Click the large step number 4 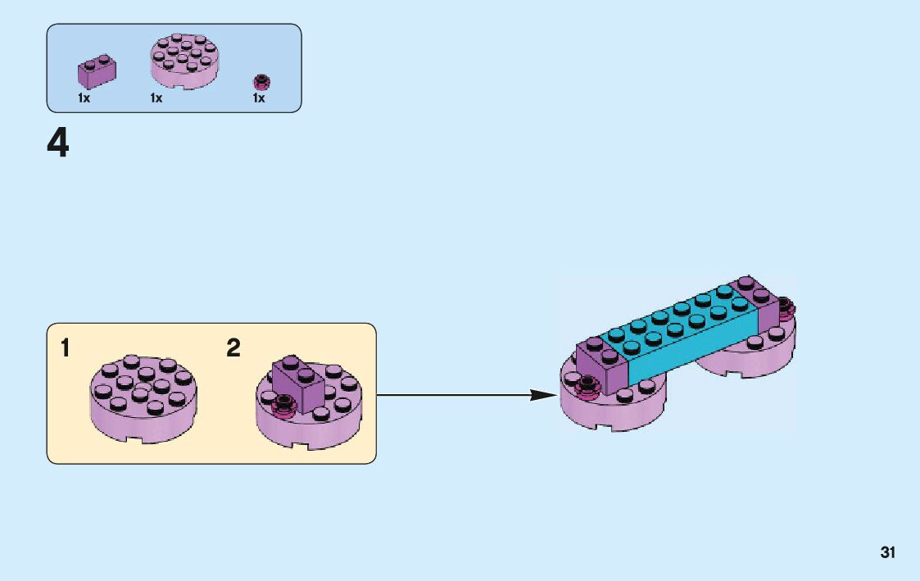click(x=58, y=145)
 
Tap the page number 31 click(x=888, y=552)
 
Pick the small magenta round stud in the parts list click(x=262, y=81)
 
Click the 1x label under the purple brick click(x=84, y=98)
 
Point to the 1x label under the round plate click(x=156, y=98)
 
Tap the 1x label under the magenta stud click(x=259, y=98)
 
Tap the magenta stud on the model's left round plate click(x=587, y=385)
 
